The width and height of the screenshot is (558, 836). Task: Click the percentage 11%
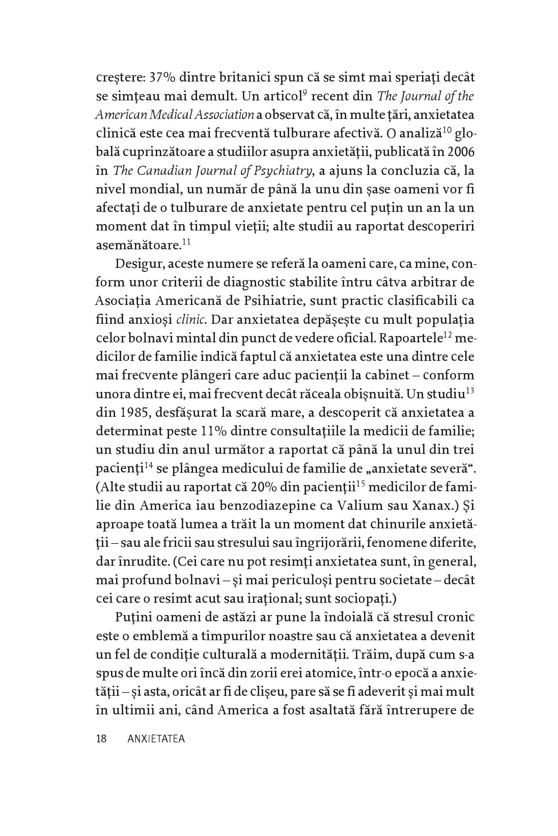[x=213, y=432]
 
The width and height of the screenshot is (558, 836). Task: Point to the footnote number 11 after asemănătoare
[x=187, y=242]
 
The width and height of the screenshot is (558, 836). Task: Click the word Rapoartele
[x=411, y=338]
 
